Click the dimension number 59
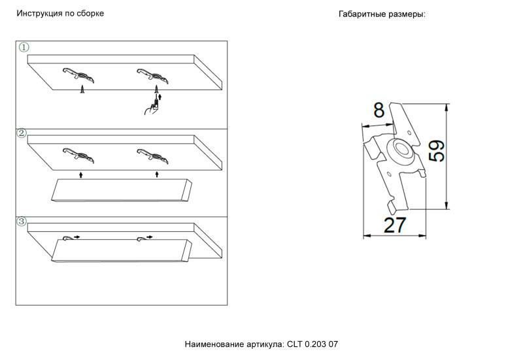[x=437, y=152]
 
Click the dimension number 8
[x=379, y=110]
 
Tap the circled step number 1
[x=24, y=48]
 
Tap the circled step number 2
[x=22, y=133]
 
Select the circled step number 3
[x=22, y=221]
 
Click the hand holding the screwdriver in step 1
[x=151, y=107]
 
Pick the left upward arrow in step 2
[x=80, y=174]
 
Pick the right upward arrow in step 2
[x=156, y=174]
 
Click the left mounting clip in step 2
[x=78, y=155]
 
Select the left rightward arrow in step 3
[x=77, y=237]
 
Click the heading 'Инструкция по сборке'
[x=60, y=14]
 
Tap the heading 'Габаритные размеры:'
[x=382, y=14]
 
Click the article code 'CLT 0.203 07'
[x=312, y=344]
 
